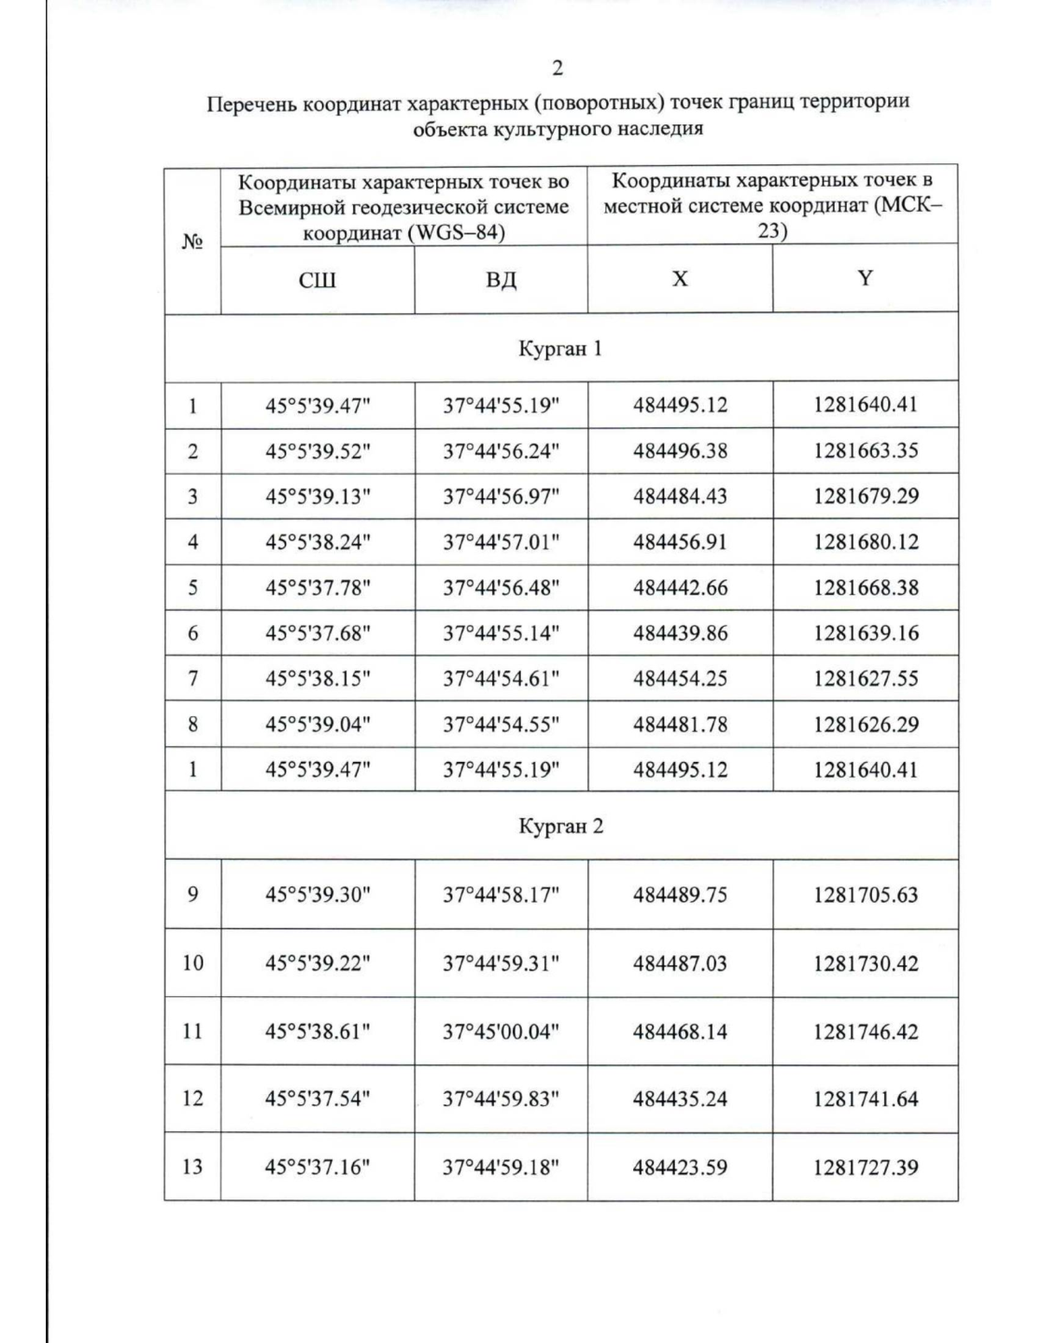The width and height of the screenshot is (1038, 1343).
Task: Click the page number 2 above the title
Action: [x=558, y=68]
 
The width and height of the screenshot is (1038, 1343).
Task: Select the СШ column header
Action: [x=317, y=279]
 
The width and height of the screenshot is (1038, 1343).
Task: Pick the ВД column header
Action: [x=501, y=279]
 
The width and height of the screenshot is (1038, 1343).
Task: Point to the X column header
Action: [x=680, y=278]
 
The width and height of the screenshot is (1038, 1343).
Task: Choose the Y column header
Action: [x=865, y=278]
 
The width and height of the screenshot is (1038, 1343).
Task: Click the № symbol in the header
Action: [x=192, y=241]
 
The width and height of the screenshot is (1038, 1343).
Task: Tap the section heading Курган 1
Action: [x=560, y=349]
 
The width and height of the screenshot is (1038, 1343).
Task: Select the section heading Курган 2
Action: [x=561, y=826]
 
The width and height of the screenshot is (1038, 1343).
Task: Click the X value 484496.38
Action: [x=680, y=451]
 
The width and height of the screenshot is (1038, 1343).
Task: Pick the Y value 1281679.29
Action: [x=865, y=496]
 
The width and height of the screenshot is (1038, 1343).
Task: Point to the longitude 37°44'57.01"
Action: [x=501, y=542]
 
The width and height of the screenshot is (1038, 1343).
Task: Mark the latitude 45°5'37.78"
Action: [x=317, y=588]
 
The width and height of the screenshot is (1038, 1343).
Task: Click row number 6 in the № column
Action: [x=192, y=634]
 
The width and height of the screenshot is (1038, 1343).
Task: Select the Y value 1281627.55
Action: [x=865, y=679]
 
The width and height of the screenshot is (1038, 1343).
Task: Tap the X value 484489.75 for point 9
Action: [x=680, y=894]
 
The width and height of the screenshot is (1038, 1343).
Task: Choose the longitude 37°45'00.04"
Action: [x=501, y=1032]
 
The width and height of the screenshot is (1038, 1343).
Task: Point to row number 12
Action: [x=192, y=1098]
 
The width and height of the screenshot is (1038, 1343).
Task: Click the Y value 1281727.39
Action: [x=865, y=1167]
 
